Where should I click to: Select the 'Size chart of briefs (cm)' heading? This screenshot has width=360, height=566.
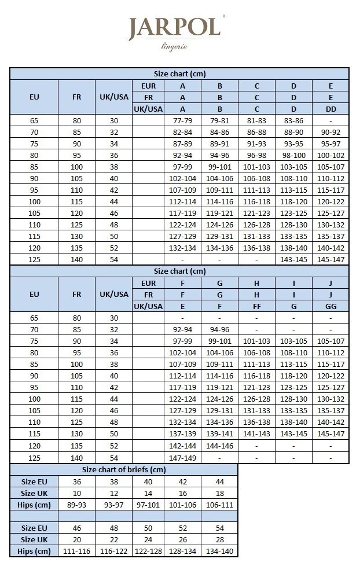click(x=124, y=469)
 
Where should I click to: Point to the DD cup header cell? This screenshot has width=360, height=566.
click(x=330, y=109)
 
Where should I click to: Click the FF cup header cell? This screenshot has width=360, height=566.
click(x=256, y=306)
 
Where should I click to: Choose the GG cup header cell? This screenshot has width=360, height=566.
click(x=330, y=306)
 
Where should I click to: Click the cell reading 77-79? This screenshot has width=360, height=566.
click(x=182, y=121)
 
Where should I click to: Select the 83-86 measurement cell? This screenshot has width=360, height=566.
click(x=293, y=121)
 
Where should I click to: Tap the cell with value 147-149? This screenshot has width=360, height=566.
click(x=182, y=457)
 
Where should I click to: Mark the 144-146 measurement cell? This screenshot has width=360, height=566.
click(x=219, y=446)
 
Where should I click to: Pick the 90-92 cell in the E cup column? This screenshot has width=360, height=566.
click(x=330, y=132)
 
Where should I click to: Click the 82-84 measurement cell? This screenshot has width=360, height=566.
click(x=182, y=132)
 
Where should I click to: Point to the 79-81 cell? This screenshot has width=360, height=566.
click(x=219, y=121)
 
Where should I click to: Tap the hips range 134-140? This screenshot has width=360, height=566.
click(x=219, y=550)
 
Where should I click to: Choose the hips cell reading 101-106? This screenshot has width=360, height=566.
click(x=182, y=504)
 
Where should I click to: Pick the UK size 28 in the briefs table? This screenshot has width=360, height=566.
click(x=219, y=539)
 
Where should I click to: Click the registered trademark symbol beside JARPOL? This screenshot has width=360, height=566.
click(x=223, y=17)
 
